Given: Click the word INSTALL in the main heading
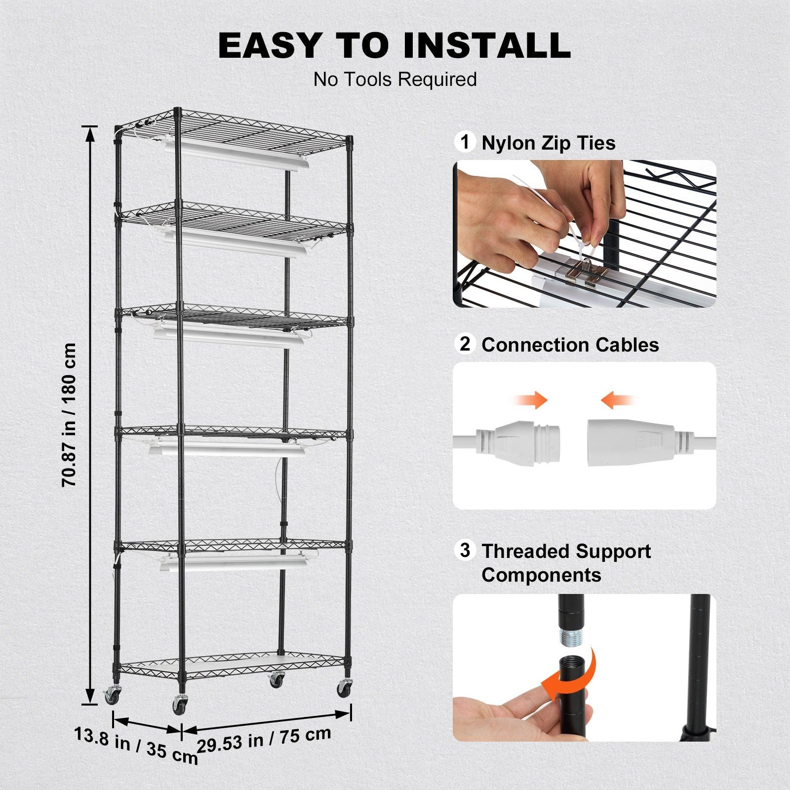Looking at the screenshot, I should (x=486, y=45).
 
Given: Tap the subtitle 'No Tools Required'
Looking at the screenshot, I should (x=395, y=79).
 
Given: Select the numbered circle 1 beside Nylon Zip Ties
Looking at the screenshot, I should (x=465, y=142).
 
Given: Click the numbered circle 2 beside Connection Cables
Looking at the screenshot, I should (x=465, y=344).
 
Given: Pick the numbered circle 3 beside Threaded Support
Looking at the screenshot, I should (x=465, y=550).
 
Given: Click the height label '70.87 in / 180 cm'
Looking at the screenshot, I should (x=70, y=415).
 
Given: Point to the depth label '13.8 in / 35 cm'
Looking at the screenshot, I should (x=136, y=746).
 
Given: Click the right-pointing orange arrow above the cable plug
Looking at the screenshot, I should (x=531, y=399).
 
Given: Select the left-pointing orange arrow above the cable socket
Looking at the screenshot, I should (x=617, y=399).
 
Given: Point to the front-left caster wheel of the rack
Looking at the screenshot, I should (x=179, y=704).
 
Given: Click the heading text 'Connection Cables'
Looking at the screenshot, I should (x=570, y=345).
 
